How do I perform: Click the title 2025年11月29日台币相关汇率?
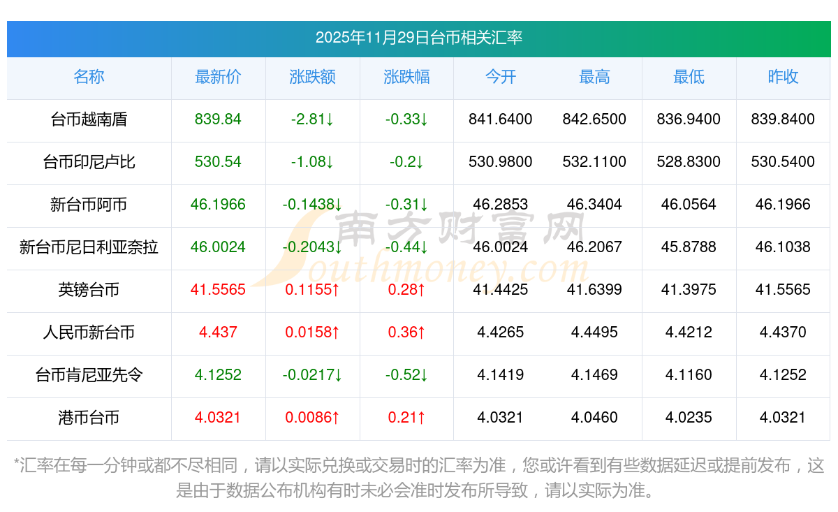419,38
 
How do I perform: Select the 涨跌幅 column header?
406,77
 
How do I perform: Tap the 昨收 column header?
783,77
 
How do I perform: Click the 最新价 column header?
218,77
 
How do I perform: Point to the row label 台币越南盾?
89,119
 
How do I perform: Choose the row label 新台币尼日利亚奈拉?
89,247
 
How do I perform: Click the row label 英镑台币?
89,290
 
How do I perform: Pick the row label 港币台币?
89,418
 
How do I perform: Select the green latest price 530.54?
218,162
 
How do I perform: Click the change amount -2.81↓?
312,119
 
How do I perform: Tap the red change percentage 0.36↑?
406,332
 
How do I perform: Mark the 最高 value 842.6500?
594,119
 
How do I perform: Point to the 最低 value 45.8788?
689,247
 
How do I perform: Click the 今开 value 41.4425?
501,290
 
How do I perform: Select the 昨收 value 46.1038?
783,247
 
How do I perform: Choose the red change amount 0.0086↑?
312,418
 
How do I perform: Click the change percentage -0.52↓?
406,375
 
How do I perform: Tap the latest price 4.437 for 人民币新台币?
218,332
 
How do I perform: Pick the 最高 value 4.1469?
594,375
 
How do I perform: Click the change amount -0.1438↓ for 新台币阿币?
312,205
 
